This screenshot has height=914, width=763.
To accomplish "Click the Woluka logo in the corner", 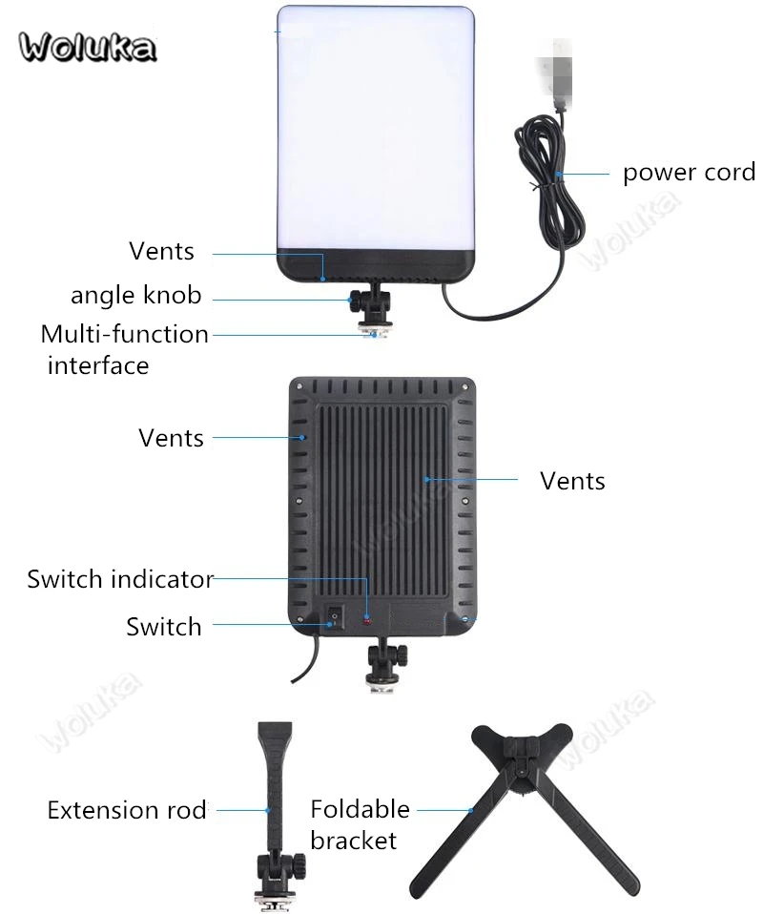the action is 88,47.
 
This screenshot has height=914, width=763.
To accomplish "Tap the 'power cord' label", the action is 689,173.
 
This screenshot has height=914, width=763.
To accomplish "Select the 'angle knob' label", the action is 135,296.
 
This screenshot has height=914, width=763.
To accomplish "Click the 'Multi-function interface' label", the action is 124,350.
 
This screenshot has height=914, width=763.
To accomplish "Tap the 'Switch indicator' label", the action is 121,579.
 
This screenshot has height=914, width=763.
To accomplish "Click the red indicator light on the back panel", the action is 367,620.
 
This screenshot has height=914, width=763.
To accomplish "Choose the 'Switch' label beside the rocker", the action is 164,627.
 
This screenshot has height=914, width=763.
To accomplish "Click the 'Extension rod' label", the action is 127,810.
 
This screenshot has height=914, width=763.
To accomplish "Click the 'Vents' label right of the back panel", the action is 572,482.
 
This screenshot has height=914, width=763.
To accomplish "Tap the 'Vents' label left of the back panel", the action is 171,438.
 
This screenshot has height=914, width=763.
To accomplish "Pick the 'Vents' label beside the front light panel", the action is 161,251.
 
